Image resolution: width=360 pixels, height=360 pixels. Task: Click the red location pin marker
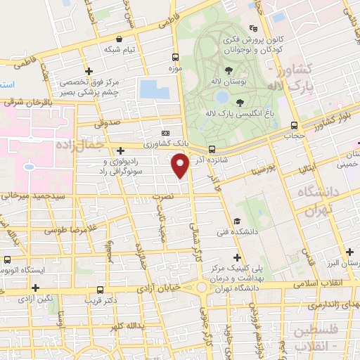[181, 165]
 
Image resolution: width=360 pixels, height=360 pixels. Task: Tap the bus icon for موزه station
[176, 58]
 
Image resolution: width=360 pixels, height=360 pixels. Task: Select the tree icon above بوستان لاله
[229, 69]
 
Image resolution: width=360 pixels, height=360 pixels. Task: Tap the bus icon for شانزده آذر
[212, 149]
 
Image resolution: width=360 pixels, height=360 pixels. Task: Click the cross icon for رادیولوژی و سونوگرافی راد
[121, 150]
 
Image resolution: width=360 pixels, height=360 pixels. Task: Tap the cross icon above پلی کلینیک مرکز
[236, 258]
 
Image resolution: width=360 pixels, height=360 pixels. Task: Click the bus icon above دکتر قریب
[101, 289]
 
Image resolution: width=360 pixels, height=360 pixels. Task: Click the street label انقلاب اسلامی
[319, 283]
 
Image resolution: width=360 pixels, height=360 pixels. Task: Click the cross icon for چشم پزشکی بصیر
[89, 71]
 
